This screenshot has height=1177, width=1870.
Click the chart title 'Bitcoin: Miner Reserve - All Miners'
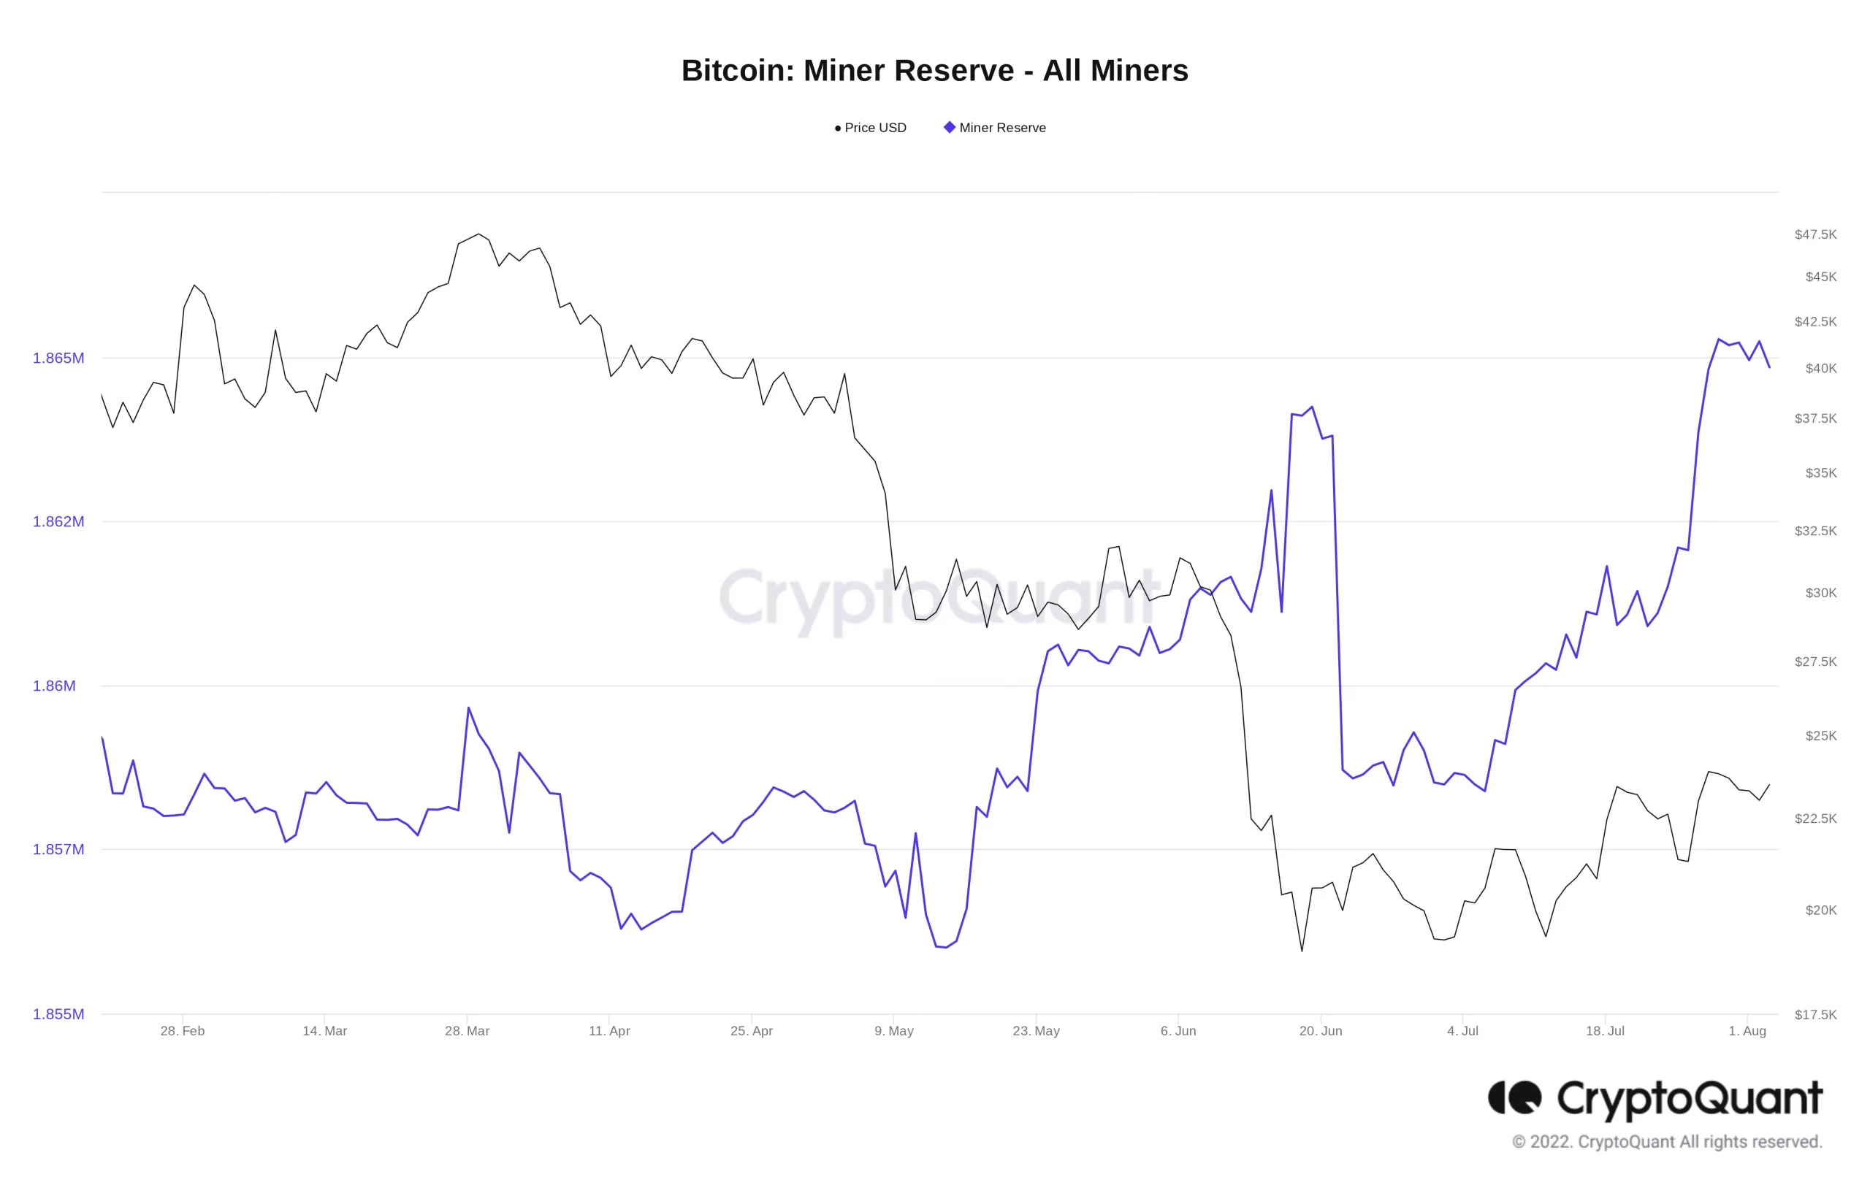tap(934, 71)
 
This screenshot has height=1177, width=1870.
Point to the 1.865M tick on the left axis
tap(58, 358)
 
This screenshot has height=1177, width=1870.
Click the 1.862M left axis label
tap(58, 522)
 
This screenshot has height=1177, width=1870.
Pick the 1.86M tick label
tap(54, 686)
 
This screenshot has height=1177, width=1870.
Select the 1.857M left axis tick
tap(58, 849)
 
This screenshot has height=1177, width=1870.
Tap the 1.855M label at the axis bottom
tap(58, 1014)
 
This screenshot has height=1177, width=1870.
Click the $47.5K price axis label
tap(1815, 234)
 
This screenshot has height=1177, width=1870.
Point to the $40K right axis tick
tap(1820, 368)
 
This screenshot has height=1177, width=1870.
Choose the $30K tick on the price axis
tap(1820, 593)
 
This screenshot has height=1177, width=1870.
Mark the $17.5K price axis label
tap(1815, 1015)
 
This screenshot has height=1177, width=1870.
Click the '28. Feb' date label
tap(183, 1031)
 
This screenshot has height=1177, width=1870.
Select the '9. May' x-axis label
tap(894, 1031)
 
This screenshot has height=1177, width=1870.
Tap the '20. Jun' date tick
tap(1320, 1031)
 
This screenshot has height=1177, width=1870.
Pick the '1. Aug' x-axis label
tap(1747, 1031)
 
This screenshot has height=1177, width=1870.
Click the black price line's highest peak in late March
tap(478, 234)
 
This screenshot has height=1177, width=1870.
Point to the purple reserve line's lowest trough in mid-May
tap(945, 947)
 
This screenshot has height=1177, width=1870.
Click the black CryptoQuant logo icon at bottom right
tap(1514, 1098)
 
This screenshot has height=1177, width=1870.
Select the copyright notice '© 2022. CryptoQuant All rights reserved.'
tap(1666, 1142)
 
